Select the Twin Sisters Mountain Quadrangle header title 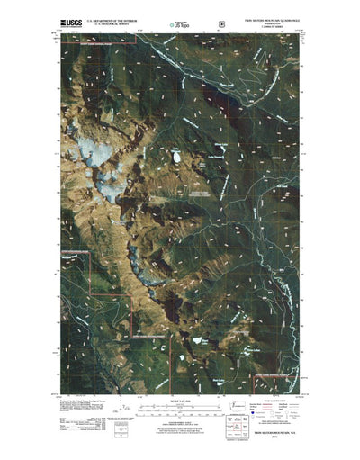click(273, 16)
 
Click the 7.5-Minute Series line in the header click(274, 25)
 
